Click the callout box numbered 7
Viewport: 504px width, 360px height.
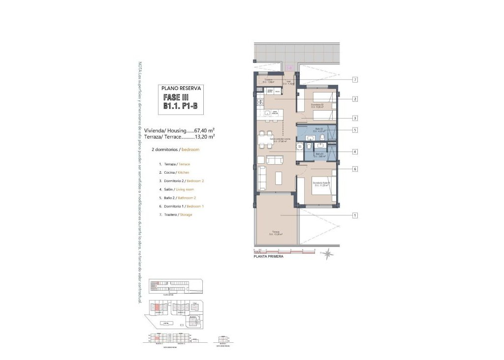click(x=354, y=80)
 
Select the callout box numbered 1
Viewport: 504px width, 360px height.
click(x=354, y=215)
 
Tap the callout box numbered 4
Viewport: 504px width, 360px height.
click(x=354, y=152)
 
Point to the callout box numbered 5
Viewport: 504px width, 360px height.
click(x=354, y=130)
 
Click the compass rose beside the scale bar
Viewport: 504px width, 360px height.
click(x=328, y=253)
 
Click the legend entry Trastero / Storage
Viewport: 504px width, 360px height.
click(x=175, y=214)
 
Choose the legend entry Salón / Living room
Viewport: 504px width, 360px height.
click(x=176, y=189)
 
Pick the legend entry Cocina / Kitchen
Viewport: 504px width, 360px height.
click(x=174, y=173)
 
